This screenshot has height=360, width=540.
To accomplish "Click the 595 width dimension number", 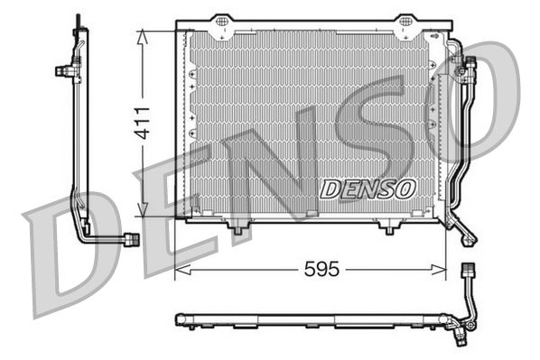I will click(321, 269).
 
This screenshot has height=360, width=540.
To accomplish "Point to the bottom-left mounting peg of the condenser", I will click(237, 229).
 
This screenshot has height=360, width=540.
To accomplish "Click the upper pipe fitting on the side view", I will click(64, 68).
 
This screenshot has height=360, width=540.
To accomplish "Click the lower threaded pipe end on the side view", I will click(131, 238).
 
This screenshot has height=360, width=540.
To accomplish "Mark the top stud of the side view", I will click(79, 20).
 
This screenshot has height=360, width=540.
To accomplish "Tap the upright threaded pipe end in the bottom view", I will click(468, 272).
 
